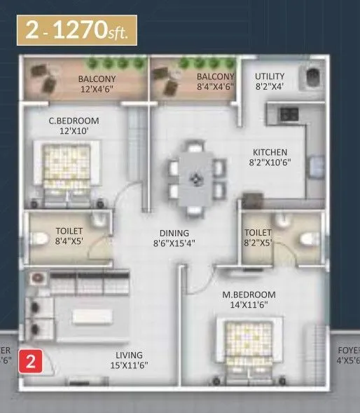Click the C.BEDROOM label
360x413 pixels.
coord(68,121)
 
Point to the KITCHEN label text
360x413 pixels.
coord(270,152)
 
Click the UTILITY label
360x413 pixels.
coord(270,76)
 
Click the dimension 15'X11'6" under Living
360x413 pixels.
coord(130,365)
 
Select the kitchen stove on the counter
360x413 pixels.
coord(289,113)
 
